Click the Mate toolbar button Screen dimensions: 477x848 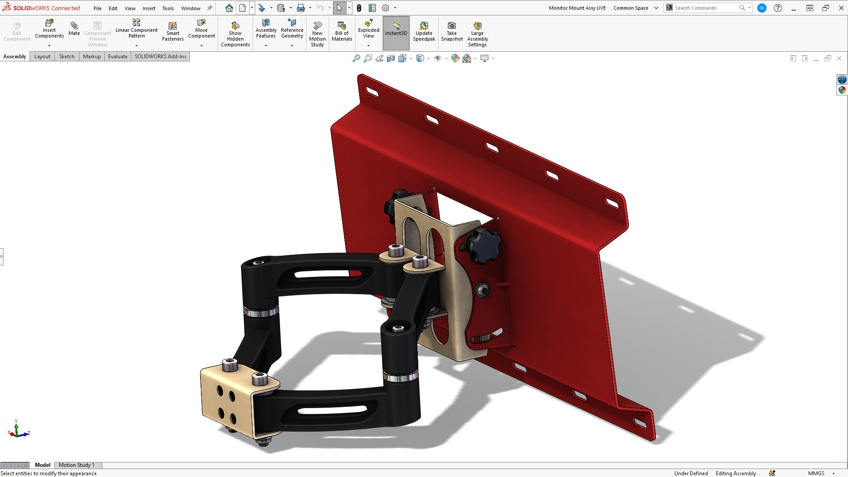74,28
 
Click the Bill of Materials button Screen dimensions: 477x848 342,31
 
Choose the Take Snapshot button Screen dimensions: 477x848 452,31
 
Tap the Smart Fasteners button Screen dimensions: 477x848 173,31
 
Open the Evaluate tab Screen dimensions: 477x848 117,57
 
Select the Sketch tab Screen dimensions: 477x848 67,57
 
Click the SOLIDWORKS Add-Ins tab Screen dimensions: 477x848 160,57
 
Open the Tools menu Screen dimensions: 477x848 168,8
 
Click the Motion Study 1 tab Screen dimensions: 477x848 76,465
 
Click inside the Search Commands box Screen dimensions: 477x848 704,8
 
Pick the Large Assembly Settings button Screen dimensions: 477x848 477,34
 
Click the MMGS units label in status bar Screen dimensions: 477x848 816,473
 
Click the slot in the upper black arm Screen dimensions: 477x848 327,274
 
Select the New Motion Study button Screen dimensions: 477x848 317,34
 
